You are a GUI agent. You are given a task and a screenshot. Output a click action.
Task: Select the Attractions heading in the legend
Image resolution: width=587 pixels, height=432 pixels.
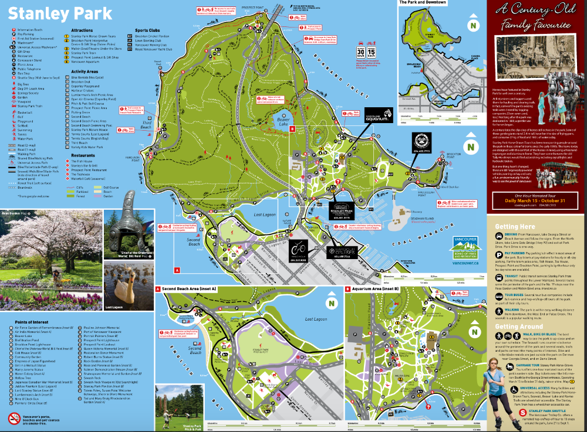tap(82, 30)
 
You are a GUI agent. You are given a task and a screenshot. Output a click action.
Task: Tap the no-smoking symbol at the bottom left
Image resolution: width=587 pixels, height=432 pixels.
tap(15, 403)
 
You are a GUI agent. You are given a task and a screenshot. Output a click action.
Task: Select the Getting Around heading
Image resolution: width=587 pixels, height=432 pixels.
tap(518, 326)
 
